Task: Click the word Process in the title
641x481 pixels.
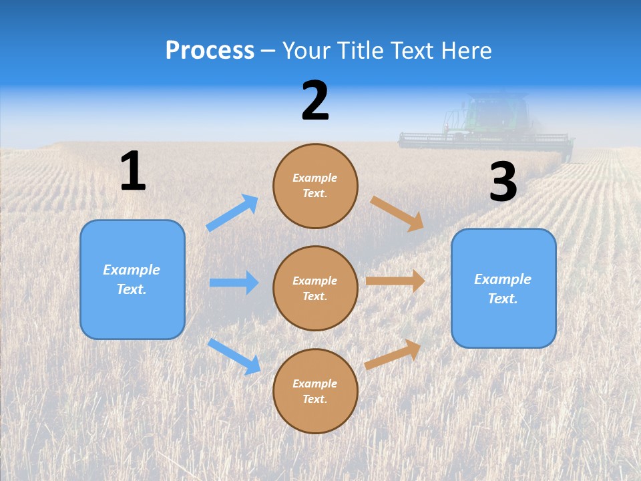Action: (x=210, y=51)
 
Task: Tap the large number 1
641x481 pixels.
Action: (x=133, y=172)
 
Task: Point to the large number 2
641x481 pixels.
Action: (x=315, y=101)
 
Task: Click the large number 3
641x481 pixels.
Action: (x=503, y=182)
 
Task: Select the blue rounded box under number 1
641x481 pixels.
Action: (x=132, y=279)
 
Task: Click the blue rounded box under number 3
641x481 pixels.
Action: (x=503, y=288)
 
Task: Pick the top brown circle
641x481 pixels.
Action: (x=315, y=186)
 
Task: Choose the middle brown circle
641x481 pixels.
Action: (x=315, y=288)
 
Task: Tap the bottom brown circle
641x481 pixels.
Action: (x=315, y=391)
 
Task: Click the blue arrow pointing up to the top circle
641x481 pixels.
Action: (x=232, y=213)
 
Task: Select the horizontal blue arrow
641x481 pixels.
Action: (x=234, y=283)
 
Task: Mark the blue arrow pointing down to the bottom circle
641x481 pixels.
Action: (x=234, y=356)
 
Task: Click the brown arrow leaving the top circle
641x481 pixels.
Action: (x=397, y=213)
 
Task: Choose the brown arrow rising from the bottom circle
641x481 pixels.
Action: (x=393, y=354)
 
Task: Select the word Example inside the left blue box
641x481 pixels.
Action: (x=132, y=270)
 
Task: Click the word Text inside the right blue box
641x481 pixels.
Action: (x=502, y=299)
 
